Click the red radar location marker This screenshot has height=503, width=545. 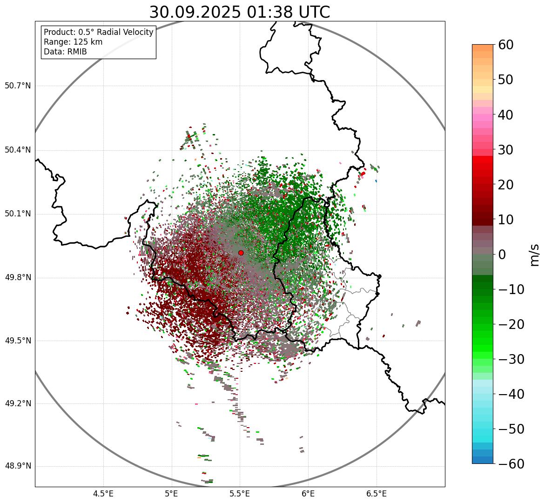[241, 253]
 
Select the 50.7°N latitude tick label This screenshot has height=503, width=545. [18, 86]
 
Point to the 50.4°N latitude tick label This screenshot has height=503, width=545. [18, 150]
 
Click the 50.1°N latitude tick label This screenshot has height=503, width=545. [18, 214]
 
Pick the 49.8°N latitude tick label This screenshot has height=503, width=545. [18, 278]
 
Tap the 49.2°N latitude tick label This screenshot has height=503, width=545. [18, 403]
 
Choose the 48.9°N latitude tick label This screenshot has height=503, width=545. [18, 466]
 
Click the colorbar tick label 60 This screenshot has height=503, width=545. [506, 45]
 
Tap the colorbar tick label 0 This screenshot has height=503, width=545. [502, 255]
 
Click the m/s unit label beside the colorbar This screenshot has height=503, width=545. [534, 255]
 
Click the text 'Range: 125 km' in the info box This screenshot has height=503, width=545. [73, 42]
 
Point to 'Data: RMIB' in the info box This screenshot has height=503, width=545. [65, 52]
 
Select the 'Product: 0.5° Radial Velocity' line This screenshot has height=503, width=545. [98, 32]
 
